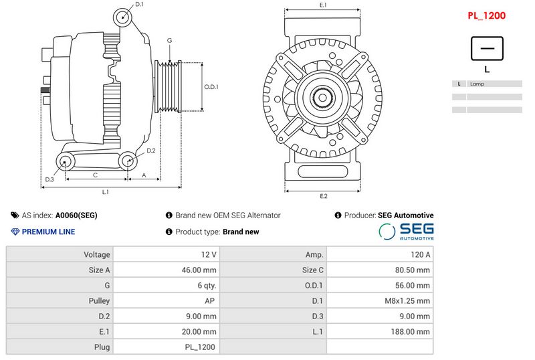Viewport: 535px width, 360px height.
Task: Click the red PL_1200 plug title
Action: [486, 15]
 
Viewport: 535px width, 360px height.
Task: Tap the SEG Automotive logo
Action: [406, 232]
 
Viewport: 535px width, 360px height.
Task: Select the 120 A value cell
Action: [379, 254]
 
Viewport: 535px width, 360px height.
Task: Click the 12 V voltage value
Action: [166, 254]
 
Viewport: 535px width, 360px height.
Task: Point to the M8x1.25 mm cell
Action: [379, 300]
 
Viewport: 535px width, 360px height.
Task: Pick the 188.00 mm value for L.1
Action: [379, 331]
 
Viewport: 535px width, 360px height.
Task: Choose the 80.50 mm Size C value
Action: [379, 270]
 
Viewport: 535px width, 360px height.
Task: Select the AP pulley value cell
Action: [166, 300]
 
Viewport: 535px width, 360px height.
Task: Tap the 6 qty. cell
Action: [166, 285]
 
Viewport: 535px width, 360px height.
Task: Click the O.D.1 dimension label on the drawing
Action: [211, 86]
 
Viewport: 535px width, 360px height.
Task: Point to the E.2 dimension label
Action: [323, 195]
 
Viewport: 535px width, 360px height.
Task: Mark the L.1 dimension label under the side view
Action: [105, 192]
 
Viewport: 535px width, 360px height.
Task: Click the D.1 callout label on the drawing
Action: [139, 5]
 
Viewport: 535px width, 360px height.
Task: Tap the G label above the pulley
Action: [170, 41]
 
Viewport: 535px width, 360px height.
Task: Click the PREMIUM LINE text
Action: [48, 232]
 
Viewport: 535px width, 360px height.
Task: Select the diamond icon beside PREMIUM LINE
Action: [15, 232]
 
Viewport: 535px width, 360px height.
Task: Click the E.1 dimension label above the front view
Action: [323, 5]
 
